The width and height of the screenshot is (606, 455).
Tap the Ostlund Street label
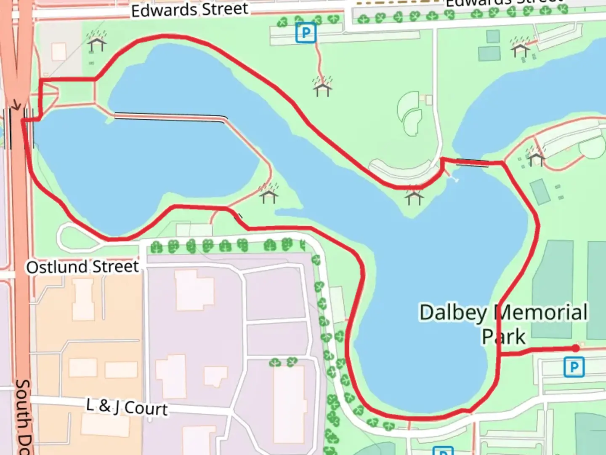[x=82, y=267]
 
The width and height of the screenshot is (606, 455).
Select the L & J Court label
[x=127, y=407]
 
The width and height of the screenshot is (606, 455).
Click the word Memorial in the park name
[x=541, y=313]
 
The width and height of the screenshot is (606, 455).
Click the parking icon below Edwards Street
[x=306, y=33]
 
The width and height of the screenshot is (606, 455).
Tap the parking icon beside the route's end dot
[x=574, y=367]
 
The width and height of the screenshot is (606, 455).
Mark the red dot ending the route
[x=575, y=348]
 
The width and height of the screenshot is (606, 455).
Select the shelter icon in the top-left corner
[x=96, y=43]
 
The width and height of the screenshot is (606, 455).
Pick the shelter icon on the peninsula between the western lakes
[x=268, y=194]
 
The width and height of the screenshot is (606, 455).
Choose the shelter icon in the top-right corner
[x=520, y=48]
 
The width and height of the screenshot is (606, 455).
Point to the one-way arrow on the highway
[x=16, y=105]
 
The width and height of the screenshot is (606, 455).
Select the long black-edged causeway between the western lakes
[x=170, y=117]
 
